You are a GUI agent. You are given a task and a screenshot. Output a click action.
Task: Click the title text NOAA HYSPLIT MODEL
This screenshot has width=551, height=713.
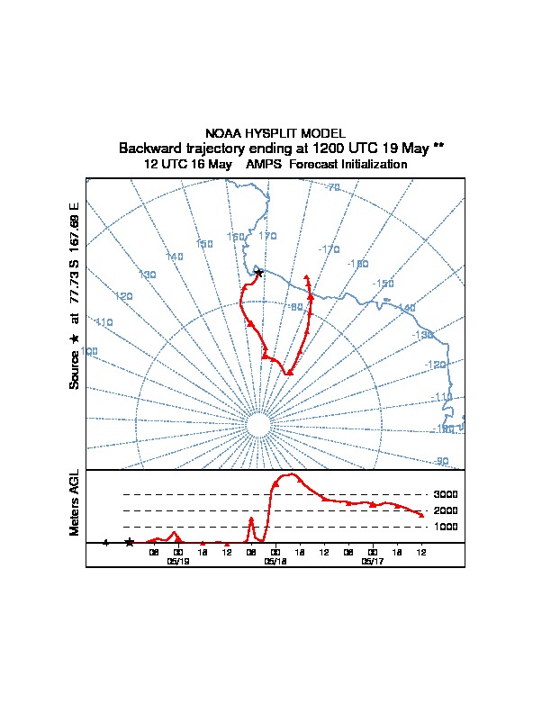[x=275, y=133]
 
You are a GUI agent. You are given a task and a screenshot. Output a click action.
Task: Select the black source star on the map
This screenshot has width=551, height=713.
[x=258, y=272]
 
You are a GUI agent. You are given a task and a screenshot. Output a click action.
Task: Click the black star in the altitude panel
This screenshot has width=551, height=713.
[x=130, y=542]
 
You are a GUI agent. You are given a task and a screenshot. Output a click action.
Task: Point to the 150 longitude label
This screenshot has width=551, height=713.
[x=204, y=244]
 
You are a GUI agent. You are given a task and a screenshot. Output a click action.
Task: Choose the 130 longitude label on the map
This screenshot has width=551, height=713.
[x=148, y=275]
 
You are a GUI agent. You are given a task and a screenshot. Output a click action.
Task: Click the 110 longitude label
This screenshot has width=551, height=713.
[x=104, y=322]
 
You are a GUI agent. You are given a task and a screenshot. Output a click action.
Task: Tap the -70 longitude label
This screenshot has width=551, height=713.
[x=331, y=187]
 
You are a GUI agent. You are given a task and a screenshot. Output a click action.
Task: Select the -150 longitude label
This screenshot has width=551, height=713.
[x=384, y=284]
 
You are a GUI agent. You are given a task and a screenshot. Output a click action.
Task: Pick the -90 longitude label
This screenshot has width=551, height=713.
[x=441, y=461]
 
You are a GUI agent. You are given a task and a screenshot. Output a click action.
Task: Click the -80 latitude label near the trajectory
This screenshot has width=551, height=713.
[x=295, y=307]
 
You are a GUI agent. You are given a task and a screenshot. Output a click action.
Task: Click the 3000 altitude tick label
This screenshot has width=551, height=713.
[x=446, y=494]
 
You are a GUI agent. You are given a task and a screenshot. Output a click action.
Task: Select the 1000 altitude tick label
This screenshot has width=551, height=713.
[x=446, y=527]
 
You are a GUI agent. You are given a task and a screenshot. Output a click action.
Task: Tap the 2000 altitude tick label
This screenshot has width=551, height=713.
[x=446, y=510]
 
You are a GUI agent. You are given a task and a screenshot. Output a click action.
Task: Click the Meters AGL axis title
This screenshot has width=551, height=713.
[x=76, y=503]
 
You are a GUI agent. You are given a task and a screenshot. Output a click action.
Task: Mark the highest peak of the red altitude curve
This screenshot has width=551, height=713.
[x=291, y=474]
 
